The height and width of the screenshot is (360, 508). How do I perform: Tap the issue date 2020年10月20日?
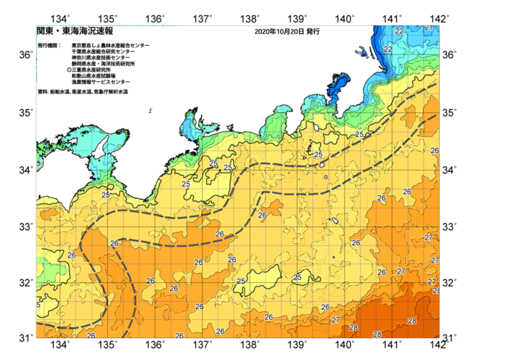(x=279, y=32)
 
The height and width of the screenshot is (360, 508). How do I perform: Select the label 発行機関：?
(x=51, y=46)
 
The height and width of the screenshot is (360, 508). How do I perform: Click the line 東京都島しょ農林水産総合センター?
(x=110, y=46)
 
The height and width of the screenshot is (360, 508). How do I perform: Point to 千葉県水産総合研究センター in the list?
(x=103, y=52)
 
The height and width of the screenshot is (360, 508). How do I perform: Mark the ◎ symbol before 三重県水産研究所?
(x=68, y=70)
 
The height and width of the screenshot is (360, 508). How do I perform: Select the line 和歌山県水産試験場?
(x=93, y=76)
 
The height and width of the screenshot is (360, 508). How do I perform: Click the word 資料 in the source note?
(x=42, y=92)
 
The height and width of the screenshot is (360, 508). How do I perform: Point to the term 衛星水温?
(x=81, y=92)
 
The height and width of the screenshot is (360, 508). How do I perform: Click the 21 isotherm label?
(x=428, y=28)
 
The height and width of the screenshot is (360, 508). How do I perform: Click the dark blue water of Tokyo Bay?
(x=339, y=89)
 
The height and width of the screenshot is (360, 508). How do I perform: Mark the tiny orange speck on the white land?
(x=150, y=111)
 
